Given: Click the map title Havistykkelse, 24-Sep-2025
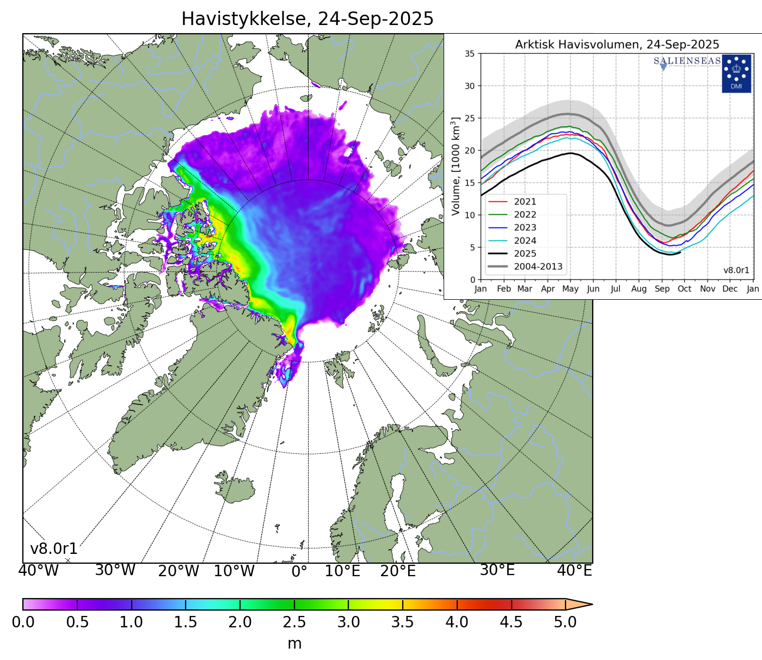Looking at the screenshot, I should pos(307,19).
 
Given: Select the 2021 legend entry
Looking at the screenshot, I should pos(525,202).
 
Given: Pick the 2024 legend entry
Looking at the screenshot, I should pos(525,240).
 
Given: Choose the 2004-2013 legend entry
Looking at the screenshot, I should pos(538,267).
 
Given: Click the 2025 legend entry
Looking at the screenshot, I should pos(525,254).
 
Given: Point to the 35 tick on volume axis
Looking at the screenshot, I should pos(469,54).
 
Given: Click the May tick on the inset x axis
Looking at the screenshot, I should pos(570,289).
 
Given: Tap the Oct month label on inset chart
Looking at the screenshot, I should pos(684,289).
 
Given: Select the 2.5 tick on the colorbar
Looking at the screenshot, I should pos(294,622).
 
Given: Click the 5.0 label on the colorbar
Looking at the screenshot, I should pos(565,622).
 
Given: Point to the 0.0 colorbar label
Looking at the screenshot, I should pos(23,622).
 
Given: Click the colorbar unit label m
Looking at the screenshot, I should pos(294,644).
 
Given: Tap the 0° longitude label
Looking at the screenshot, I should pos(299,571).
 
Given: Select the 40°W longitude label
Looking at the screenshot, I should pos(38,571).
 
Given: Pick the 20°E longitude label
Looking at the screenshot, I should pos(398,571).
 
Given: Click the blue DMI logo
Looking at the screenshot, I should pos(736,73).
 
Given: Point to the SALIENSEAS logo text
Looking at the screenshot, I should pos(687,61).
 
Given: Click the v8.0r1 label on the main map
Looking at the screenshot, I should pos(53,549).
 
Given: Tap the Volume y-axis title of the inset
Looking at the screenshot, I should pos(456,166).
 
